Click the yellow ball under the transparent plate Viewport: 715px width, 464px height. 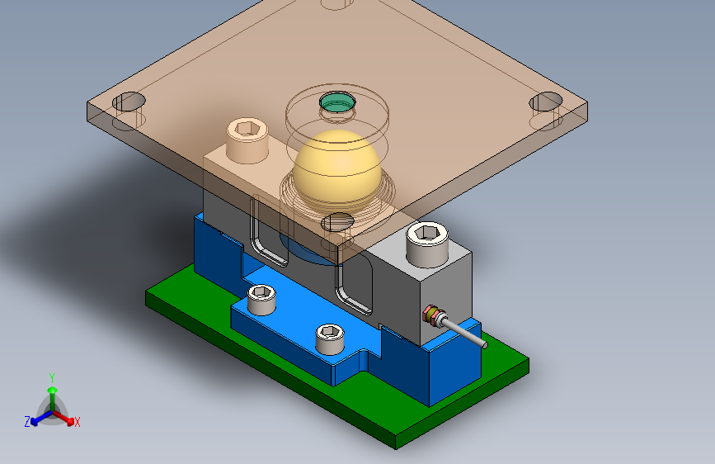coord(337,170)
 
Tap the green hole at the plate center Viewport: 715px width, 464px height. coord(337,102)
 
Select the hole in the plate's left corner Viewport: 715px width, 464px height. coord(129,102)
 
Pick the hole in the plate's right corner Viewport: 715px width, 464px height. coord(546,102)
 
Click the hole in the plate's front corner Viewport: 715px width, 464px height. coord(337,222)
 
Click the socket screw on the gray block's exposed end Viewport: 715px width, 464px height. coord(427,244)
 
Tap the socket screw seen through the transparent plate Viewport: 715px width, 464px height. coord(247,140)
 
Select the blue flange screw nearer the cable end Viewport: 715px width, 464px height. coord(330,339)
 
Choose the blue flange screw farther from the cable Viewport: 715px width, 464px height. coord(261,299)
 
